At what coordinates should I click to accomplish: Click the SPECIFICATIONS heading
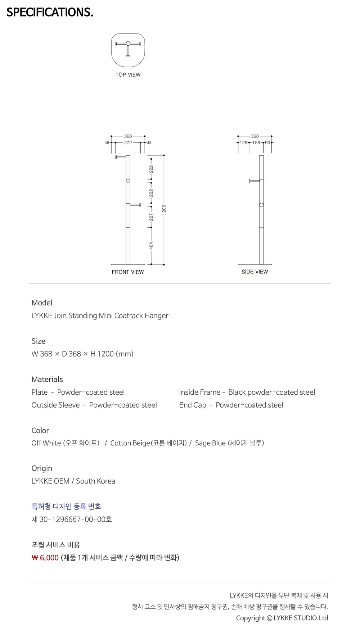[x=50, y=12]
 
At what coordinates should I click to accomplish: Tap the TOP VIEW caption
[x=128, y=75]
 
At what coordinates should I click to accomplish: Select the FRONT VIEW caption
[x=127, y=272]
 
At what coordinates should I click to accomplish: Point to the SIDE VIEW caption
[x=255, y=272]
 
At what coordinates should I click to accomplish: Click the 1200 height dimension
[x=164, y=210]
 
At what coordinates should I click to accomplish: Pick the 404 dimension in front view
[x=151, y=246]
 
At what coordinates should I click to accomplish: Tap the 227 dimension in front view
[x=151, y=217]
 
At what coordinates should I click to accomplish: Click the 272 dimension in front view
[x=128, y=143]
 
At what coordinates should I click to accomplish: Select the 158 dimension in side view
[x=256, y=143]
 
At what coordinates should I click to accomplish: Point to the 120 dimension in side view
[x=244, y=143]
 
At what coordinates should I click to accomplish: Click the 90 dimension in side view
[x=267, y=143]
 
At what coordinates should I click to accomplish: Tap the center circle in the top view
[x=128, y=44]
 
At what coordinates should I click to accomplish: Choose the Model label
[x=42, y=303]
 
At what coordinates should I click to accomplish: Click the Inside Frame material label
[x=200, y=392]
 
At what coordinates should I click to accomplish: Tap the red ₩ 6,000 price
[x=45, y=558]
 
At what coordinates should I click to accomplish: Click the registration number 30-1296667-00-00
[x=72, y=520]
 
